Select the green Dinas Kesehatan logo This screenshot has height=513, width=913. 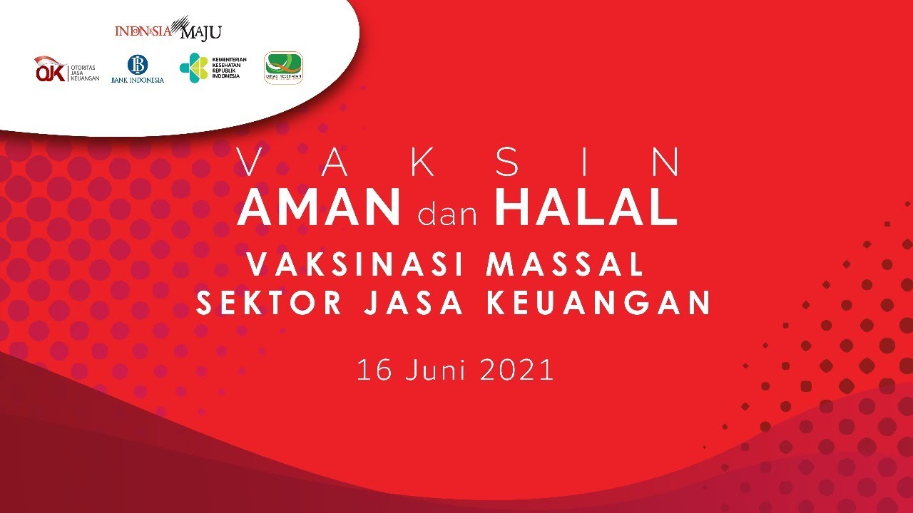tap(283, 68)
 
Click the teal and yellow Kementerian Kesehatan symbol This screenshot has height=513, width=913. tap(193, 68)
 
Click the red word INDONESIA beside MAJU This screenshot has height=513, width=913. tap(143, 31)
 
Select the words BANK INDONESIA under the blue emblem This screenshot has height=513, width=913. tap(138, 81)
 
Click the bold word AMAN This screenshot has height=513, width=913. tap(319, 207)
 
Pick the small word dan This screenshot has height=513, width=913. tap(447, 213)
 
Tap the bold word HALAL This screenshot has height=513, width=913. tap(586, 207)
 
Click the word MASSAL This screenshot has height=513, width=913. tap(565, 266)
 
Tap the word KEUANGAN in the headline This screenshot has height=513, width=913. tap(598, 304)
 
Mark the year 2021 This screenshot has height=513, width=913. tap(516, 370)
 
